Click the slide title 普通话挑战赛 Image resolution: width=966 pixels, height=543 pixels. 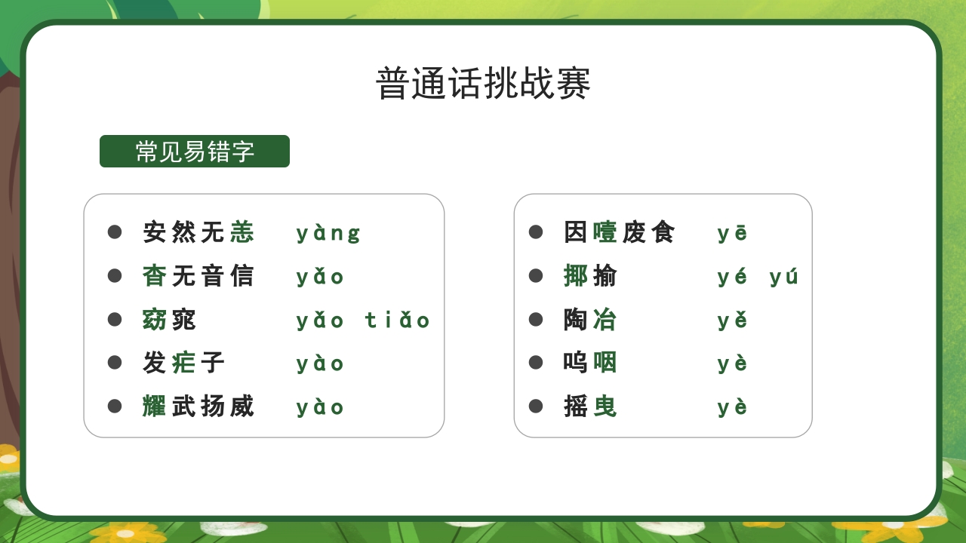pyautogui.click(x=483, y=83)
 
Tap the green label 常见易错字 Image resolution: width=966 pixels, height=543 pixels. pyautogui.click(x=195, y=152)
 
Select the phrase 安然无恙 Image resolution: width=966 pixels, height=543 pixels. pyautogui.click(x=198, y=232)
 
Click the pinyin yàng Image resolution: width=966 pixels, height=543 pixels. pyautogui.click(x=328, y=233)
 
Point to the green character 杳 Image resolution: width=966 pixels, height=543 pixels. pyautogui.click(x=155, y=276)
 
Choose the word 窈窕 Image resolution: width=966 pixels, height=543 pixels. pyautogui.click(x=169, y=320)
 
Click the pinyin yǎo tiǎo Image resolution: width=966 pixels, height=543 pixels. pyautogui.click(x=363, y=321)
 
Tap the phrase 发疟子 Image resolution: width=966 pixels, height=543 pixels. pyautogui.click(x=184, y=363)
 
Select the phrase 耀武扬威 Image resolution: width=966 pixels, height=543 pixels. pyautogui.click(x=198, y=406)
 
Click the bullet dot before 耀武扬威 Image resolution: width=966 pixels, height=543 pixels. pyautogui.click(x=115, y=406)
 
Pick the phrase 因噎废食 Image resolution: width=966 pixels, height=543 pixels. pyautogui.click(x=620, y=232)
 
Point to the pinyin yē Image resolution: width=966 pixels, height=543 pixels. pyautogui.click(x=732, y=233)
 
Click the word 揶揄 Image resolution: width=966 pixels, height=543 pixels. pyautogui.click(x=590, y=276)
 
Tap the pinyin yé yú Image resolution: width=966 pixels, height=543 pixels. pyautogui.click(x=758, y=277)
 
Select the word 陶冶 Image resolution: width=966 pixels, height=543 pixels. pyautogui.click(x=590, y=320)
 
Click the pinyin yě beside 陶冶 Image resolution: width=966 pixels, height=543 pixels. pyautogui.click(x=732, y=321)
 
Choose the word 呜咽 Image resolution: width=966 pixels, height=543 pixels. pyautogui.click(x=590, y=363)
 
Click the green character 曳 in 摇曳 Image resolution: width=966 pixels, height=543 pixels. pyautogui.click(x=605, y=406)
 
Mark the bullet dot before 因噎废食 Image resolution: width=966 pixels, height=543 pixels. pyautogui.click(x=536, y=232)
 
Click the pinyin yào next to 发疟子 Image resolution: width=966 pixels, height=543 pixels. pyautogui.click(x=320, y=364)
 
